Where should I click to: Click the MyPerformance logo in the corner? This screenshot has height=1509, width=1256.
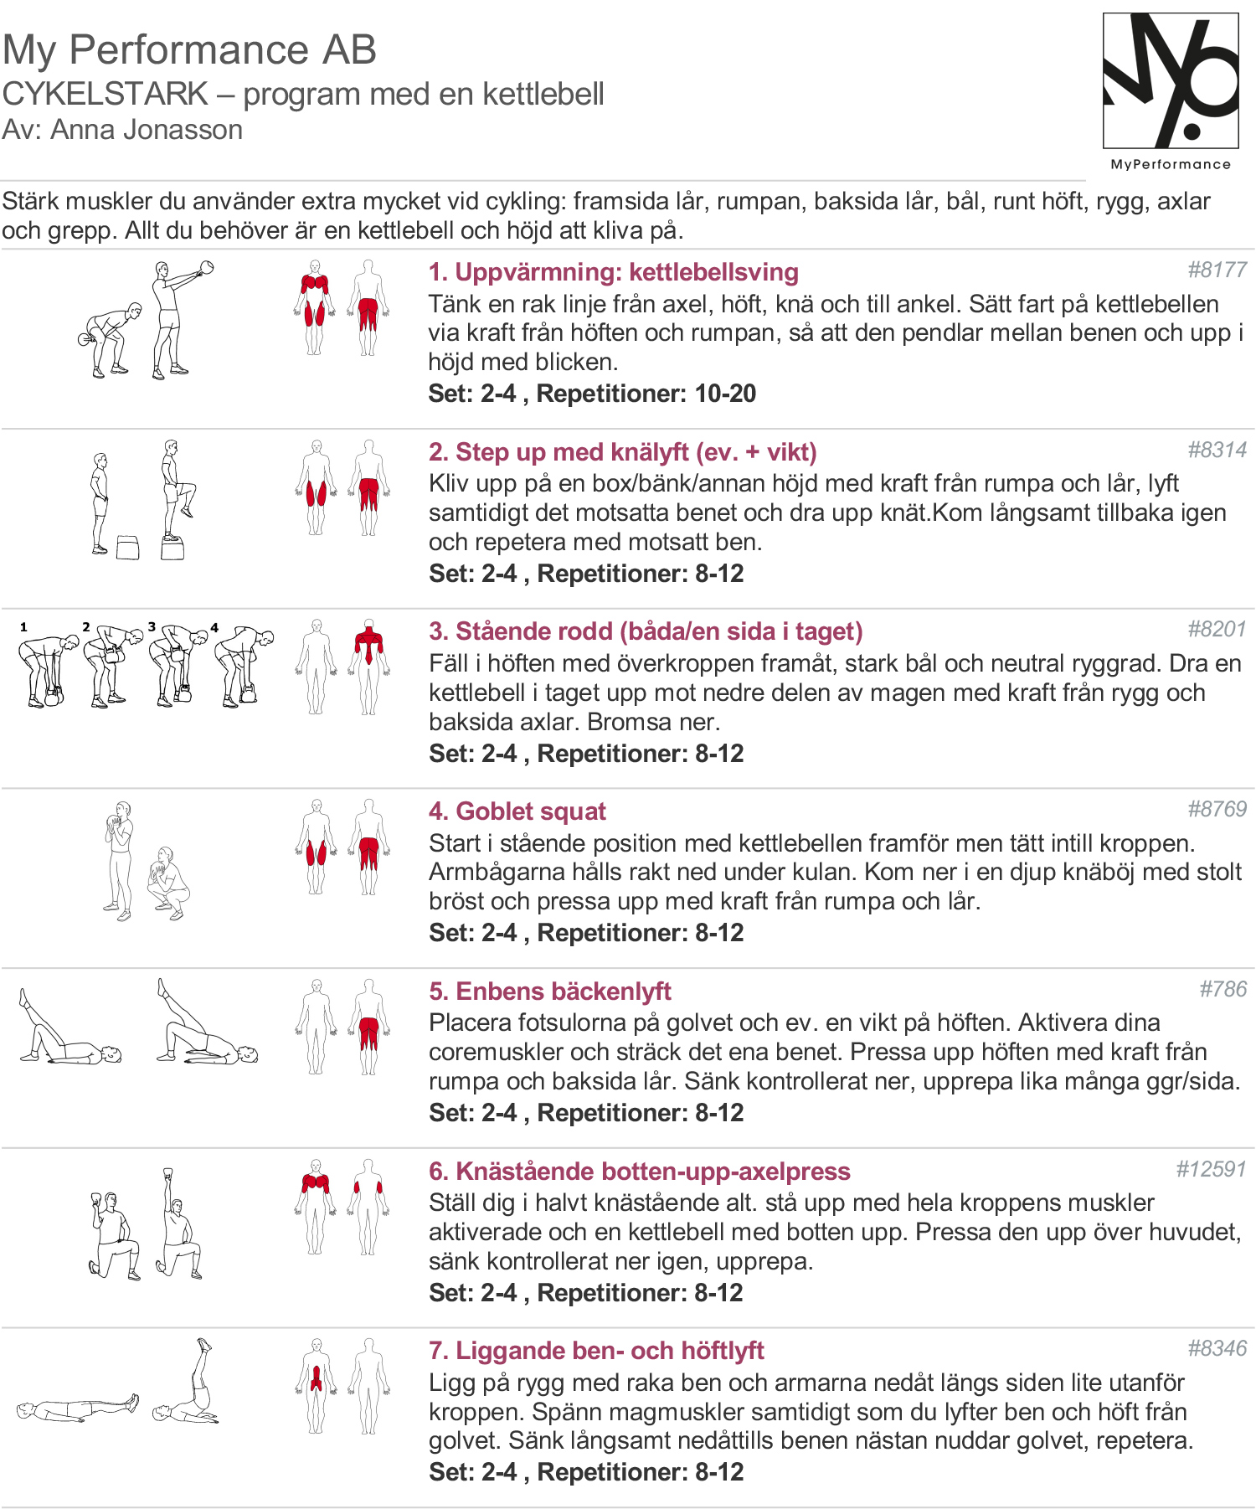(1171, 90)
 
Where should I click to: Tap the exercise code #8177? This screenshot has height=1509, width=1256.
(1217, 270)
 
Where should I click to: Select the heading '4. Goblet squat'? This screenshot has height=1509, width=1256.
(517, 811)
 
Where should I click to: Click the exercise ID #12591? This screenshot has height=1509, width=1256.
(1211, 1169)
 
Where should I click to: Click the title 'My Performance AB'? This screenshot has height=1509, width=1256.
(189, 49)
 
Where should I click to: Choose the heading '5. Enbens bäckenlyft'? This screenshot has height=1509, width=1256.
(550, 991)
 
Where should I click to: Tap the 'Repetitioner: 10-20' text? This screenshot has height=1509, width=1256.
(646, 394)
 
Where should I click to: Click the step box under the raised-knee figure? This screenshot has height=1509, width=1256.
(172, 549)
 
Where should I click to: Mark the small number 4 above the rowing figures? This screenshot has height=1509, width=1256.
(214, 627)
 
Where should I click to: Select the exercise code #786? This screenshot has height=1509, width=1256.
(1223, 989)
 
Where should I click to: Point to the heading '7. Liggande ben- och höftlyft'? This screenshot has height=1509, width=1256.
(596, 1351)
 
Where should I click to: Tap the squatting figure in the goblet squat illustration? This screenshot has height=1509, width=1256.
(168, 884)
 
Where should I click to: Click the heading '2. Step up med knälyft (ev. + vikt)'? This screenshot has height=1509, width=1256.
(622, 452)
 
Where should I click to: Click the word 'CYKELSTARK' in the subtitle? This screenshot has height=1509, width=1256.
(105, 94)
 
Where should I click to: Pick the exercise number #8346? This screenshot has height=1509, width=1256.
(1217, 1348)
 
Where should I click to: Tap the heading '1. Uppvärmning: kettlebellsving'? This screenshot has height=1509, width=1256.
(613, 272)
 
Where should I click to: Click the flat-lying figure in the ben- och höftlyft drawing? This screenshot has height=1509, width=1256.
(77, 1409)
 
